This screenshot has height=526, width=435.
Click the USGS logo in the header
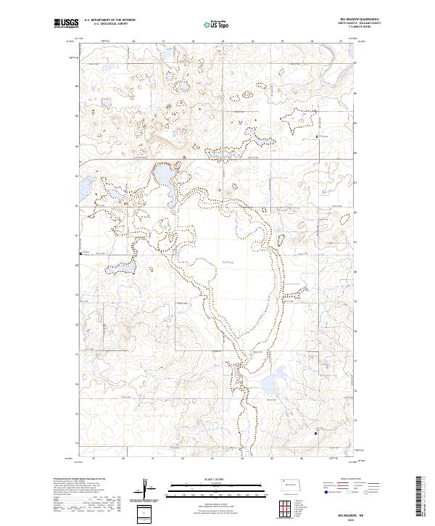click(x=65, y=23)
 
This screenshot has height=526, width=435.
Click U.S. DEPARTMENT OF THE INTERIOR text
click(x=109, y=20)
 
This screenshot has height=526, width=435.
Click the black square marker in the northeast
click(x=317, y=136)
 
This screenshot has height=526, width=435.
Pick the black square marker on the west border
click(x=80, y=253)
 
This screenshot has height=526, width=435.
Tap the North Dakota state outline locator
click(x=293, y=484)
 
